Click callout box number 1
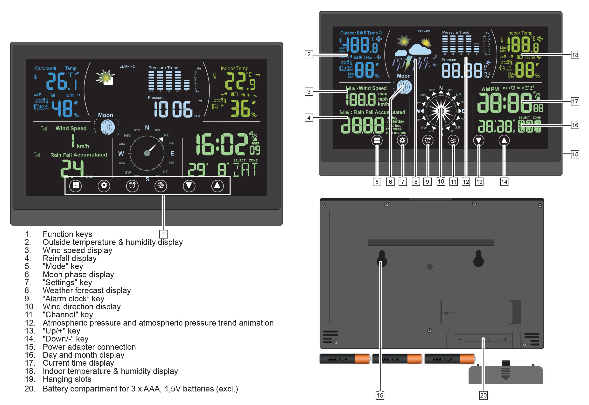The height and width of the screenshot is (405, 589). [x=164, y=234]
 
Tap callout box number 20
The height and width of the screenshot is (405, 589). [x=483, y=395]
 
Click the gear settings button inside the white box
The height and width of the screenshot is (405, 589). [x=104, y=185]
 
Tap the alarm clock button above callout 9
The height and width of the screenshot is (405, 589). [x=428, y=140]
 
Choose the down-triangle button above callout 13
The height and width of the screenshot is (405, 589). [x=478, y=140]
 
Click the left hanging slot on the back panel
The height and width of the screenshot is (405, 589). [x=382, y=259]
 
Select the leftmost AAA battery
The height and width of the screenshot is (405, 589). [x=344, y=359]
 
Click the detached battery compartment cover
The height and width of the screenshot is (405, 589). [x=505, y=374]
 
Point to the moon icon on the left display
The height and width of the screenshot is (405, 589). [x=108, y=127]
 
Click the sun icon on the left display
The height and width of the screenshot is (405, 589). [x=105, y=76]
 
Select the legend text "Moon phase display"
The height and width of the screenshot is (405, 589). [x=78, y=275]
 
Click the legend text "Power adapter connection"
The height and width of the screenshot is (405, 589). [x=89, y=347]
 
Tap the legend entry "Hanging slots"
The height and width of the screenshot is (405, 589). [x=67, y=379]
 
